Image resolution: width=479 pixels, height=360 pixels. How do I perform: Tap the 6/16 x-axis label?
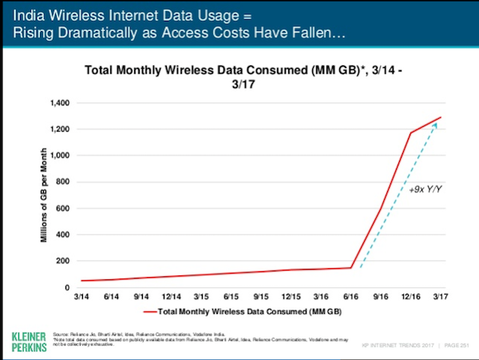pyautogui.click(x=350, y=295)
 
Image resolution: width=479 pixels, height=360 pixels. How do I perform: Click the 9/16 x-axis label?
pyautogui.click(x=381, y=295)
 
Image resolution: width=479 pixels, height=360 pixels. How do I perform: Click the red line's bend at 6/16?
pyautogui.click(x=350, y=267)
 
